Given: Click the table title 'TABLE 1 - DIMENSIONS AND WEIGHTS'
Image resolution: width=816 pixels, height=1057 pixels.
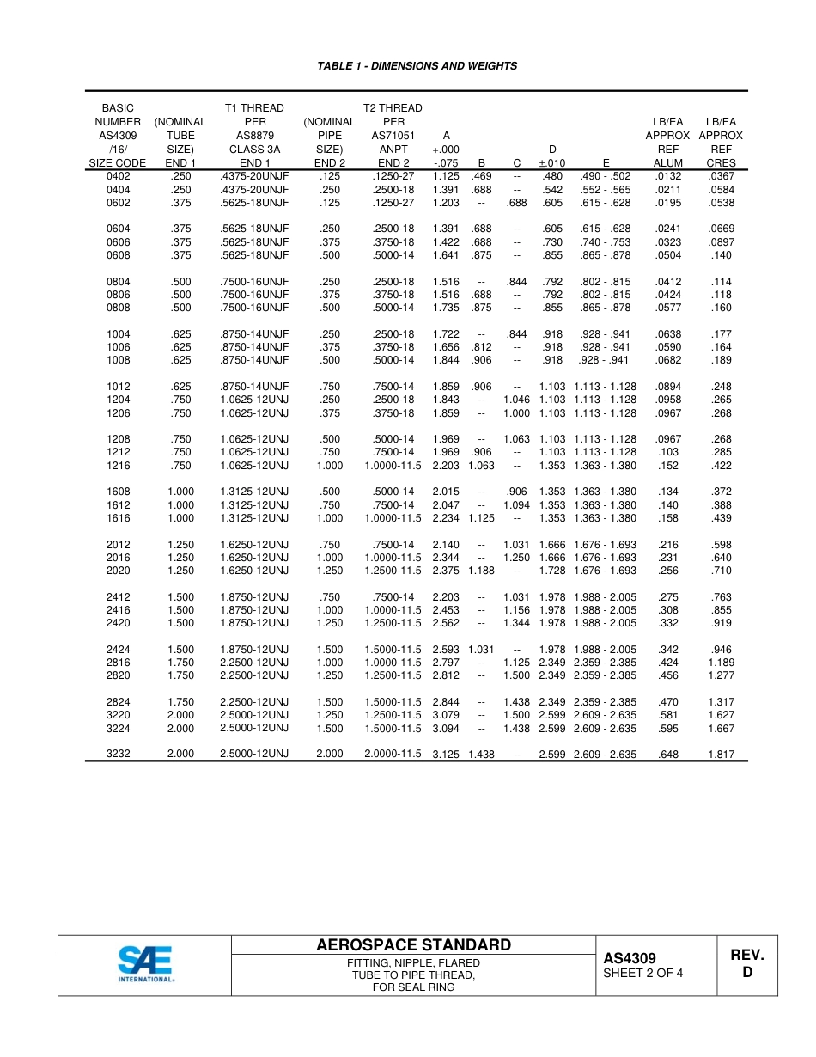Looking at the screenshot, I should pos(417,66).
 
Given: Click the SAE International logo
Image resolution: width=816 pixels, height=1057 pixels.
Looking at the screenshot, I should pos(145,964).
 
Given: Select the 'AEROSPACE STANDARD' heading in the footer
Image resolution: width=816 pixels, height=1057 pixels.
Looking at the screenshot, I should pos(413,945).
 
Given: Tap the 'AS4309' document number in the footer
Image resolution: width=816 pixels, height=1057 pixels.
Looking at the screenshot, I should pos(629,958).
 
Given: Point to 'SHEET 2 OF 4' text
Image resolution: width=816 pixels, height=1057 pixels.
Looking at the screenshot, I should pos(642,974).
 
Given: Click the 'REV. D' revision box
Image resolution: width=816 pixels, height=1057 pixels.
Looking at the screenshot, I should pos(746,963).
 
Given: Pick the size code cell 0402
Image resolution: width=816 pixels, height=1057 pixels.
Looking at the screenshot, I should pos(119,177).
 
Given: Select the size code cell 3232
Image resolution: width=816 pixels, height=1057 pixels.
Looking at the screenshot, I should pos(119,754).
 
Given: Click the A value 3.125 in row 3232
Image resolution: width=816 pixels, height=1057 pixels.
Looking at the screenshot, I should pos(446,755).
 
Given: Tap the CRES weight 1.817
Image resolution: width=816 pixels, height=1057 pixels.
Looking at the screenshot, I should pos(721,755).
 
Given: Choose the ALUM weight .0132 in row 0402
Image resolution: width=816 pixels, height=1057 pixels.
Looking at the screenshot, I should pos(668,177).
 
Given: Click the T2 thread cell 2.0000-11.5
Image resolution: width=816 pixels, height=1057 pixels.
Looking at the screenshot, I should pos(393,754).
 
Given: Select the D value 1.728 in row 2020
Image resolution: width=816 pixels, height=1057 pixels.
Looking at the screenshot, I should pos(552,571).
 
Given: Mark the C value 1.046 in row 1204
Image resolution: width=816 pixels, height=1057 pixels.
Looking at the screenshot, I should pos(516,400).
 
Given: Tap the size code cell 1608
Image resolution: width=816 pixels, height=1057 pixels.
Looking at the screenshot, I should pos(119,492).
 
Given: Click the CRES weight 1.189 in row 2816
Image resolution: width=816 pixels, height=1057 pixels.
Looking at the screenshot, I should pos(721,663).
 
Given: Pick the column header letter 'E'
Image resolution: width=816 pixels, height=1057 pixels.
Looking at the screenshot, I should pos(606,163).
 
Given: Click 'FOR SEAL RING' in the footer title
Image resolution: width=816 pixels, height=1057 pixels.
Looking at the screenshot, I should pos(413,987).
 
